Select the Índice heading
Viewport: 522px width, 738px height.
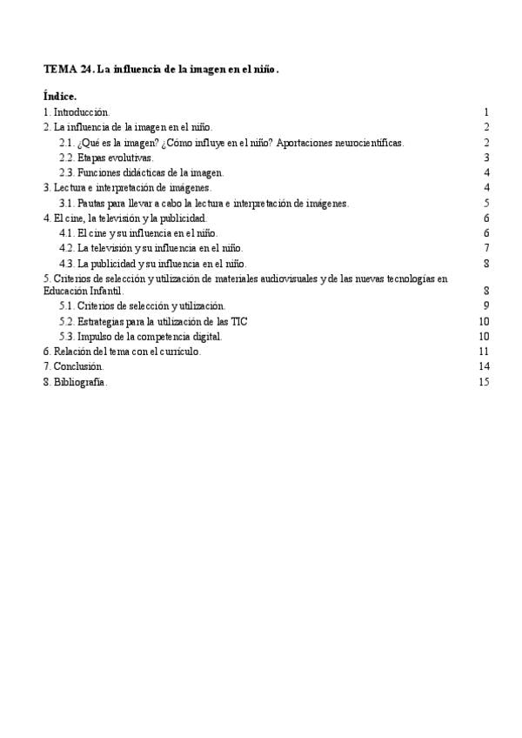pyautogui.click(x=59, y=96)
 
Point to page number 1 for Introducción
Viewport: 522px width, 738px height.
pyautogui.click(x=487, y=112)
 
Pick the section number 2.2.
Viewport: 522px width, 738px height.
pyautogui.click(x=67, y=158)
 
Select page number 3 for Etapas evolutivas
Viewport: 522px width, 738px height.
pyautogui.click(x=487, y=158)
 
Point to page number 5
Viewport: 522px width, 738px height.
pyautogui.click(x=487, y=203)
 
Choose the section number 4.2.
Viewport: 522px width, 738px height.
pyautogui.click(x=67, y=248)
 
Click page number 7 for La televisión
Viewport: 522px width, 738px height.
pyautogui.click(x=487, y=248)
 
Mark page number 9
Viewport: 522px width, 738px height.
pyautogui.click(x=487, y=305)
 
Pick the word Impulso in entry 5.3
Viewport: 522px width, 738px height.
pyautogui.click(x=95, y=336)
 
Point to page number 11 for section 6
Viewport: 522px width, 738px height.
pyautogui.click(x=485, y=351)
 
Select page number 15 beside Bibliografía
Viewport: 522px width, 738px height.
pyautogui.click(x=485, y=381)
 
